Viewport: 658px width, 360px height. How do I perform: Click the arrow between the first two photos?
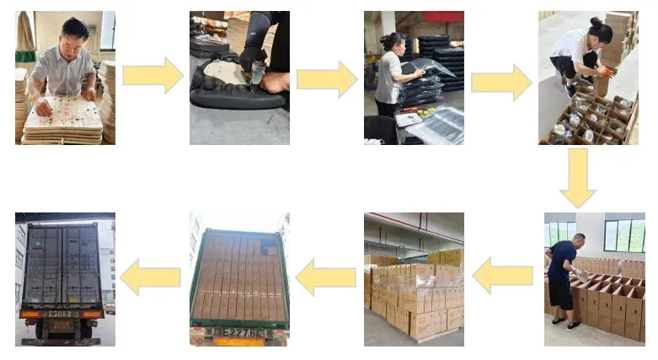tap(152, 76)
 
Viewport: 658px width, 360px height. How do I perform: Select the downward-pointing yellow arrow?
tap(578, 178)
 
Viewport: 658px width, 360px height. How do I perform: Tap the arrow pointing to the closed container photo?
tap(151, 277)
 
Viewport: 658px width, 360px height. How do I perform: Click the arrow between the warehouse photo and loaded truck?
tap(326, 277)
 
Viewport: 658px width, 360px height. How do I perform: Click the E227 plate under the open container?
tap(239, 331)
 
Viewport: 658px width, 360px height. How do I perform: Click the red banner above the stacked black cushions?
tap(443, 17)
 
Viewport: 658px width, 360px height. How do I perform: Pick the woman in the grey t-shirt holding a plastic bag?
tap(390, 73)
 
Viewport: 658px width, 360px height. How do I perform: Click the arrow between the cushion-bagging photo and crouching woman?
tap(500, 81)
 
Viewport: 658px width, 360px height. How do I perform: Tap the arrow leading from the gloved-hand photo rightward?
tap(326, 79)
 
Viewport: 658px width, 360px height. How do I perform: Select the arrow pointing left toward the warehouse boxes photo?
tap(502, 275)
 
